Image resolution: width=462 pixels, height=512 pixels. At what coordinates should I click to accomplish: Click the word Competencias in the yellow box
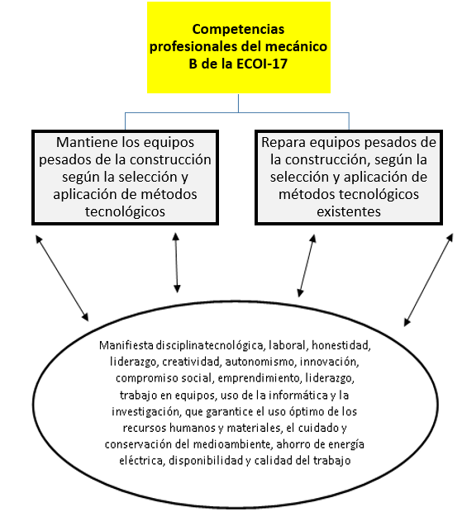click(x=238, y=30)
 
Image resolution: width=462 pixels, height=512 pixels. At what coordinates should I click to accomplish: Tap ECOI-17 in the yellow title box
click(x=262, y=64)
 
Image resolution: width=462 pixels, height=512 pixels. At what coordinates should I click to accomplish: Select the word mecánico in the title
click(x=296, y=46)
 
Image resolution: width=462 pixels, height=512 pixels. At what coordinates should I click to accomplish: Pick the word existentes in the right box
click(x=349, y=211)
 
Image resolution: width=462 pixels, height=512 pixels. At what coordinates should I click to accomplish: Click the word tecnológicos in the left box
click(x=125, y=211)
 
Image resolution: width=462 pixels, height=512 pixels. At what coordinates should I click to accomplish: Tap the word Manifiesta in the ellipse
click(x=126, y=345)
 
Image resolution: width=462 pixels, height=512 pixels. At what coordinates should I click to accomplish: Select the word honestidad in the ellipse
click(x=341, y=345)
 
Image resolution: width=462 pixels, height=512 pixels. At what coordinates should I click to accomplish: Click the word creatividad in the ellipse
click(x=192, y=362)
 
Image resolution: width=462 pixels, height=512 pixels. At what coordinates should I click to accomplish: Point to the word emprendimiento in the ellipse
click(x=259, y=378)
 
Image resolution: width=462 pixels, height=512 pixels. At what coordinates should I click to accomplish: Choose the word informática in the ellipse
click(x=298, y=395)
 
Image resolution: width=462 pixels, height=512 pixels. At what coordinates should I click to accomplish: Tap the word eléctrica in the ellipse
click(x=142, y=461)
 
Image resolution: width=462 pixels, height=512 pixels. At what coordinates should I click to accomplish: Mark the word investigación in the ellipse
click(x=145, y=412)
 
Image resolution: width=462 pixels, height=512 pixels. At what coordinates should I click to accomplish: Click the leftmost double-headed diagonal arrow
click(x=62, y=277)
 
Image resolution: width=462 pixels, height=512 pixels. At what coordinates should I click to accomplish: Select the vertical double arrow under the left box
click(x=176, y=263)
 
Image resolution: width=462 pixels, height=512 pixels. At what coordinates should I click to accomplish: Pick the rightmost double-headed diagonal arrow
click(x=429, y=279)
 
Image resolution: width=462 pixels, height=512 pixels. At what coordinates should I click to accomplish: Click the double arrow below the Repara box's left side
click(x=307, y=265)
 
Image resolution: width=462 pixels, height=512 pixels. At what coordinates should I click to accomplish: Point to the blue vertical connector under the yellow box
click(x=238, y=103)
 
